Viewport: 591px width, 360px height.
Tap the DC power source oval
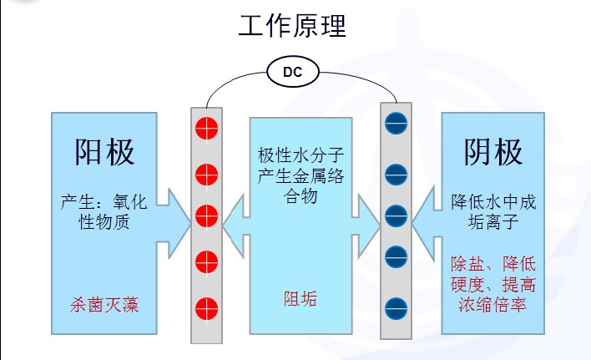[292, 74]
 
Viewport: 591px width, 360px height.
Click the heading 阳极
[104, 153]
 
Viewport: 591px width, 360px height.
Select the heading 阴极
[493, 152]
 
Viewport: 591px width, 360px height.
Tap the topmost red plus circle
[206, 129]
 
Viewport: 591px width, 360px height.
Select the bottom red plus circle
[206, 306]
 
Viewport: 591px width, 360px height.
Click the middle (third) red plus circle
[206, 216]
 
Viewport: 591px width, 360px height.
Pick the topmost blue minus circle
[396, 125]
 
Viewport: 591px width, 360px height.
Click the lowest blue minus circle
[396, 306]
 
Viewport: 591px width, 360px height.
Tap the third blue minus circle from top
[396, 215]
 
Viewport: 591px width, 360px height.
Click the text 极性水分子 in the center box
[301, 155]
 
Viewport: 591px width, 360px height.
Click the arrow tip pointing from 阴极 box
[414, 217]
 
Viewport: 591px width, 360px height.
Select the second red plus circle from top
[206, 175]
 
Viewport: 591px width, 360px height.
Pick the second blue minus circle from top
[396, 175]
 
